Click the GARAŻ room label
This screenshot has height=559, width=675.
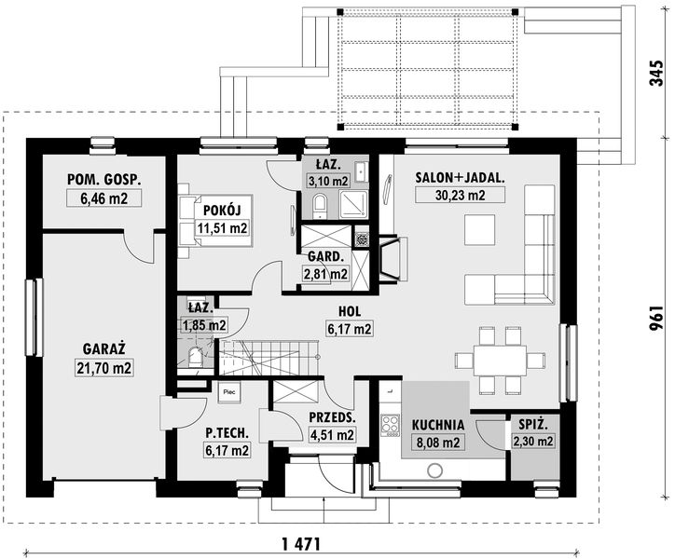[103, 348]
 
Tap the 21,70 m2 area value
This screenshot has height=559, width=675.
[103, 368]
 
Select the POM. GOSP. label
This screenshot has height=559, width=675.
[103, 180]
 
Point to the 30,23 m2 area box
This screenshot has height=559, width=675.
[460, 196]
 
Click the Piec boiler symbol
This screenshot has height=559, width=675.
[229, 392]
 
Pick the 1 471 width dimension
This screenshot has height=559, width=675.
[301, 544]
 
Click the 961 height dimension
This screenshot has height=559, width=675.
[655, 319]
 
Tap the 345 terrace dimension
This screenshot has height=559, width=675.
[655, 74]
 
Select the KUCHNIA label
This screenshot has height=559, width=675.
[438, 425]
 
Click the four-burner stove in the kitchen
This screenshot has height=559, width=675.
[391, 424]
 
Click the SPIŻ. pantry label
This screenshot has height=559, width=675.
[533, 425]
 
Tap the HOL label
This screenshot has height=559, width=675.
[350, 311]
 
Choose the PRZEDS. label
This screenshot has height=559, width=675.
[332, 417]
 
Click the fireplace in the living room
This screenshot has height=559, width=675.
[393, 259]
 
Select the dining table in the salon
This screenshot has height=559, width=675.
[500, 361]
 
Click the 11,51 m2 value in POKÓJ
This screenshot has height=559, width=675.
[222, 228]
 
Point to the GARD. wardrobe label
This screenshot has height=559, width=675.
[326, 257]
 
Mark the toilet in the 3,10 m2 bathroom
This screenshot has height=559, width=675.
[320, 207]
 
